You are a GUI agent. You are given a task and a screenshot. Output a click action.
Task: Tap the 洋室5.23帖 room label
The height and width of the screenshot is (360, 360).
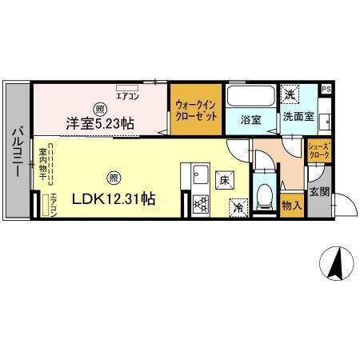100,123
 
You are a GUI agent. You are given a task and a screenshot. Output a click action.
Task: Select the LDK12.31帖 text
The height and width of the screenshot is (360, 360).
114,200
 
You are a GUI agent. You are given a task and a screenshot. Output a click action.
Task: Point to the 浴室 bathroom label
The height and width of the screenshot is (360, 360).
250,119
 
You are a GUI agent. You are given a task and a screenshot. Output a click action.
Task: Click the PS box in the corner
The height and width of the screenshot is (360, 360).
326,89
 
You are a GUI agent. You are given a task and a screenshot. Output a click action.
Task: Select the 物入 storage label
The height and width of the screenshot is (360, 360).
292,206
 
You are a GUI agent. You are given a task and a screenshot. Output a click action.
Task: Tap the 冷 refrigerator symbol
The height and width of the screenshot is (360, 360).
238,207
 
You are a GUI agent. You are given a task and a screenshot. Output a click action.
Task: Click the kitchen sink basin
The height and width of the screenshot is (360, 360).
199,174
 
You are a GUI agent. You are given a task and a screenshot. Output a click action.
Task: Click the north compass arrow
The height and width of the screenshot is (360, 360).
338,262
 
